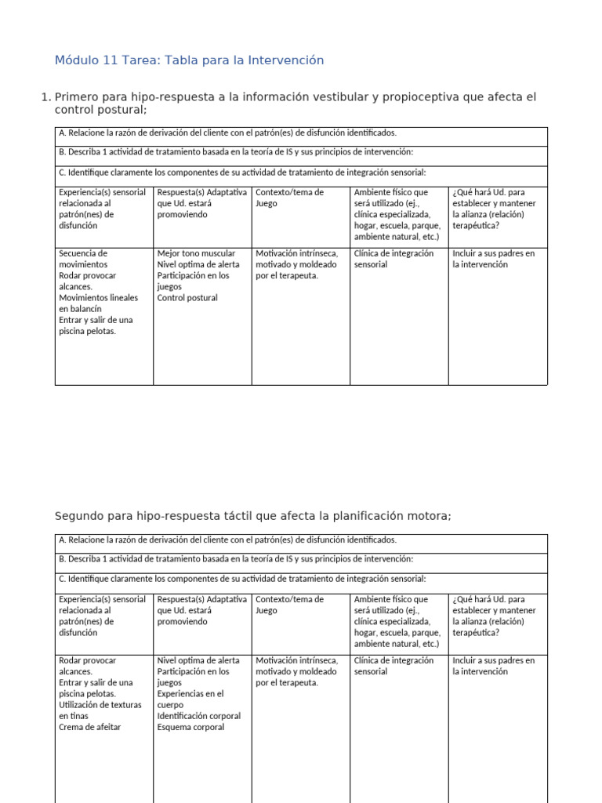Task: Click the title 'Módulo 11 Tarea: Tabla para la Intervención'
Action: coord(189,60)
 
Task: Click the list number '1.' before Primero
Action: coord(45,97)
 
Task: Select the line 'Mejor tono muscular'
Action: coord(196,254)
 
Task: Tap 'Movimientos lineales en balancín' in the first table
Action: coord(98,303)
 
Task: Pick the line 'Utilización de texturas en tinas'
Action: coord(100,710)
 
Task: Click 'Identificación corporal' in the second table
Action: coord(199,716)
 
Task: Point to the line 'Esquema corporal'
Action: coord(190,727)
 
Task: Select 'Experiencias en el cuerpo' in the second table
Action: coord(190,699)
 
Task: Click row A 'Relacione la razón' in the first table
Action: coord(227,133)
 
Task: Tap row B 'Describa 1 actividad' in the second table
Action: coord(235,559)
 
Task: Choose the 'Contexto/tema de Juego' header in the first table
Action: coord(289,198)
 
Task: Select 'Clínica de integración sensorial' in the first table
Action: coord(393,259)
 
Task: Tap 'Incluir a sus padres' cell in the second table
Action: coord(494,666)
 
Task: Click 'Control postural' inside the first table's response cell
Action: coord(187,298)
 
